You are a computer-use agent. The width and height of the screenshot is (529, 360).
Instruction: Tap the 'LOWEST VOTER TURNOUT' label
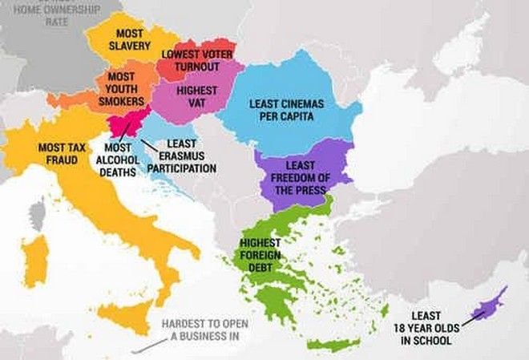pos(197,60)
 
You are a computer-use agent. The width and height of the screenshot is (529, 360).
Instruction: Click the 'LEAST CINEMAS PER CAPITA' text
pos(281,110)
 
